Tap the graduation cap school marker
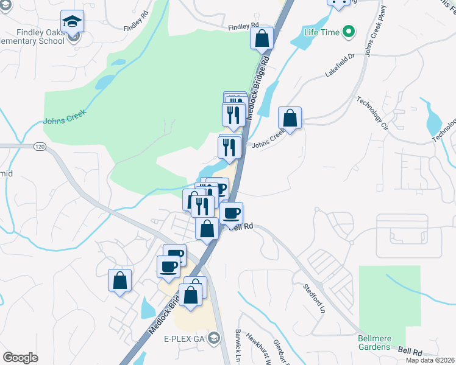(x=73, y=23)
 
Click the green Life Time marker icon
(x=348, y=30)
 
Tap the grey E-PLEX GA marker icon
(x=214, y=338)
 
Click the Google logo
(x=21, y=358)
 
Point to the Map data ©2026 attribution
(x=430, y=360)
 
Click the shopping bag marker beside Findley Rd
(x=262, y=38)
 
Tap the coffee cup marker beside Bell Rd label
(x=232, y=213)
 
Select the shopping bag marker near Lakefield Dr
(x=290, y=117)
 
